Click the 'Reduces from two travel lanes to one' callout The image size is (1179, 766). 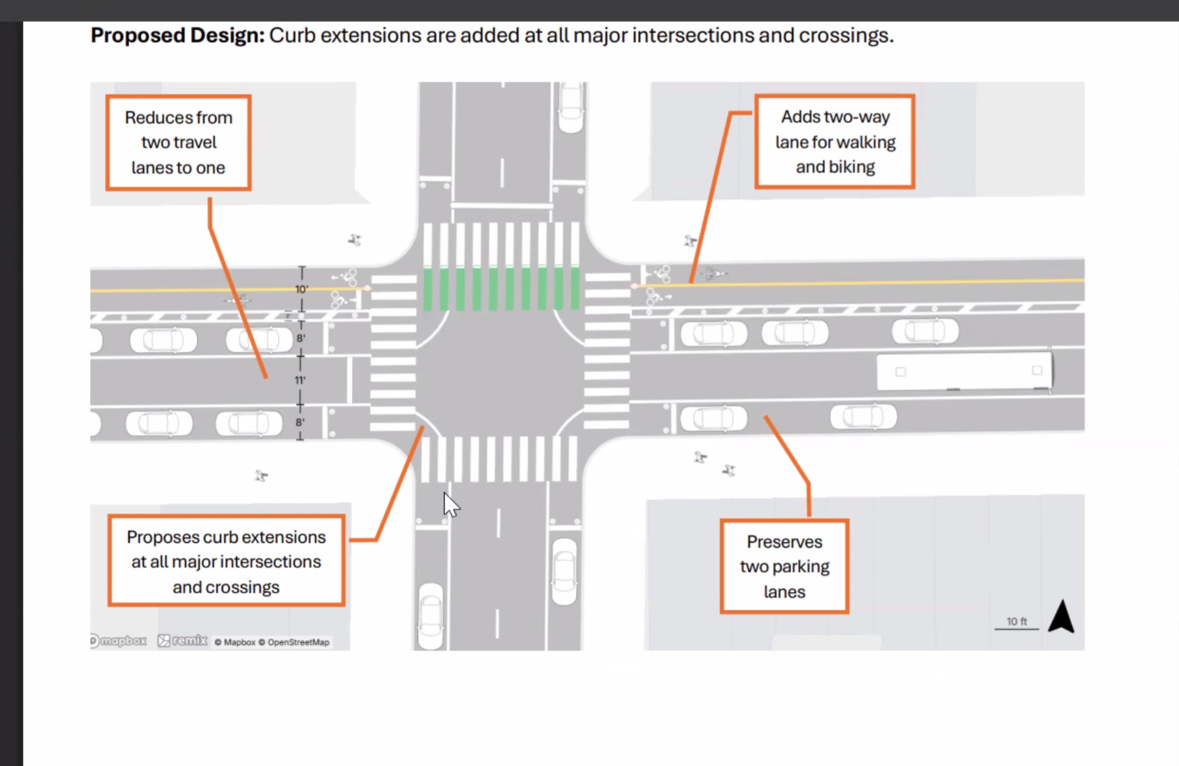pos(178,143)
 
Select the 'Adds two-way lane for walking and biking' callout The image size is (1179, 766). pos(835,141)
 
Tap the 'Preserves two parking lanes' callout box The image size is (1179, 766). pos(784,566)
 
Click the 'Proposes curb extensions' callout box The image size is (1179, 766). pos(227,562)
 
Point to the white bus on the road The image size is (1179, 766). pos(965,371)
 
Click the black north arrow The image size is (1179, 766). pos(1061,616)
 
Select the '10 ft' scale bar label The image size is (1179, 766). pos(1016,621)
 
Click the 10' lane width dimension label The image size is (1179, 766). pos(301,289)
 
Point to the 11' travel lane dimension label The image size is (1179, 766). pos(300,380)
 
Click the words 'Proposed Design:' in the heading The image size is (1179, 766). pos(177,35)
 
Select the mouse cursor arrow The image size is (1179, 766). pos(450,504)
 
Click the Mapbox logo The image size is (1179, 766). pos(119,641)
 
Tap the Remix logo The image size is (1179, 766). pos(183,641)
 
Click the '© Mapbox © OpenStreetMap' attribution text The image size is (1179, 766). pos(272,642)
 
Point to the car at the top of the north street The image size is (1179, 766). pos(571,107)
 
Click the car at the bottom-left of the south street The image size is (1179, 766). pos(431,615)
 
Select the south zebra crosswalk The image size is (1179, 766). pos(499,459)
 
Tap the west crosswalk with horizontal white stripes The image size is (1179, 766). pos(393,353)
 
